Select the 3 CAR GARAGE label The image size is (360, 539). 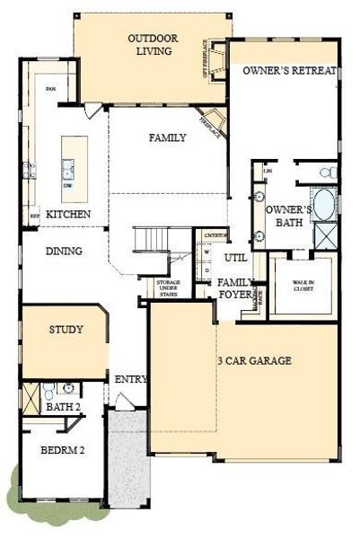pos(254,361)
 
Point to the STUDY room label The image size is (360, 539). pos(66,330)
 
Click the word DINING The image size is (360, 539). pos(64,252)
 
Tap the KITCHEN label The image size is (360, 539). pos(68,215)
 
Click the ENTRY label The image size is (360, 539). pos(130,379)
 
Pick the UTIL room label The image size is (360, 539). pos(235,257)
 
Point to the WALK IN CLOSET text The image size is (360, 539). pos(304,287)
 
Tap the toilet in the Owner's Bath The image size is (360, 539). pos(328,171)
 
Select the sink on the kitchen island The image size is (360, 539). pos(68,164)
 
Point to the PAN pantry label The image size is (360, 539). pos(50,88)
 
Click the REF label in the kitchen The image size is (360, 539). pos(34,216)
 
